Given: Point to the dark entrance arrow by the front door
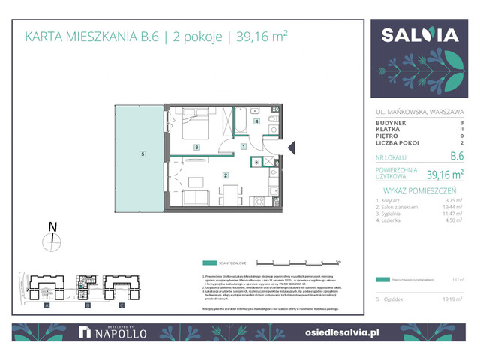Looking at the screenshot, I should tap(291, 148).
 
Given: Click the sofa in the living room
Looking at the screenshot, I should tap(196, 198).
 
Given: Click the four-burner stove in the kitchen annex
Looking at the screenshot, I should tap(259, 201).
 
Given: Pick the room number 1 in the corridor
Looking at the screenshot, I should tap(244, 147).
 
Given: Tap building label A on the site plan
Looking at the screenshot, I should tap(46, 305).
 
